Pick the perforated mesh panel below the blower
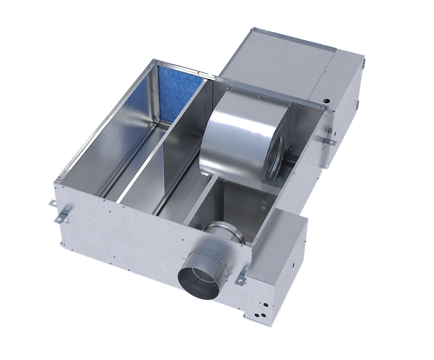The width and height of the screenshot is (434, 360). click(x=251, y=209)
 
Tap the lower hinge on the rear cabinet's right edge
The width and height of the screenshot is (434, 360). click(x=358, y=103)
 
